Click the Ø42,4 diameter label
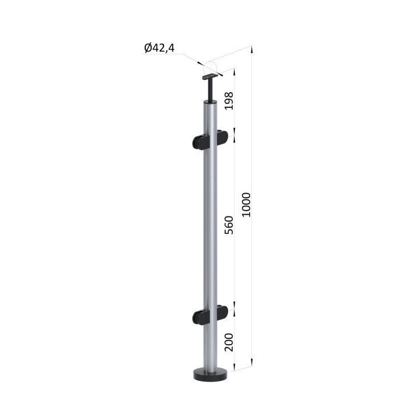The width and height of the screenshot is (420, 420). click(x=159, y=48)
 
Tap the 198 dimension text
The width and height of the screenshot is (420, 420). click(x=229, y=101)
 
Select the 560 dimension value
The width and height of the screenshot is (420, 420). click(x=229, y=225)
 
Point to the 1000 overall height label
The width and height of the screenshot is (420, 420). click(x=246, y=205)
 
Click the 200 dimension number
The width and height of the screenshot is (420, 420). click(x=229, y=342)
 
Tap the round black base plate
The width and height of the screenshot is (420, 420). click(x=210, y=374)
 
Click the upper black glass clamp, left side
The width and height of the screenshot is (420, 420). click(x=199, y=143)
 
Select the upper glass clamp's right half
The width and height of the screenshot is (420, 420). click(x=221, y=138)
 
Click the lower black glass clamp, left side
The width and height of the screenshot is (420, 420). click(x=199, y=317)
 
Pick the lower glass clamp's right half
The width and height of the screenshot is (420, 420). click(x=221, y=311)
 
